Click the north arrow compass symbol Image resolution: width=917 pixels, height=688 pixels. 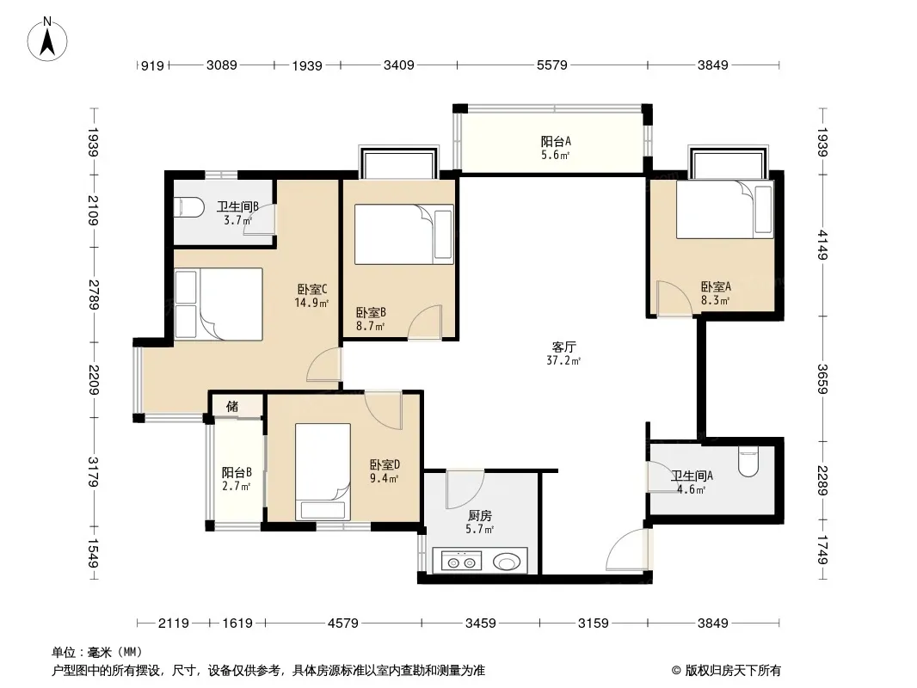pyautogui.click(x=47, y=40)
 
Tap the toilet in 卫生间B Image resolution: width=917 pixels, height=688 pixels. pyautogui.click(x=189, y=207)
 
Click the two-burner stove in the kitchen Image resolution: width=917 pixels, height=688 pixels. pyautogui.click(x=461, y=562)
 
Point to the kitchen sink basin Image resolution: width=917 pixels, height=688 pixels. pyautogui.click(x=507, y=562)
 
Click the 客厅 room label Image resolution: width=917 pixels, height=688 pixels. pyautogui.click(x=563, y=347)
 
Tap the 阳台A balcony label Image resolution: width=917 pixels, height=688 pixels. pyautogui.click(x=556, y=141)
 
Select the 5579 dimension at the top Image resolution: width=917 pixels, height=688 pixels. pyautogui.click(x=552, y=64)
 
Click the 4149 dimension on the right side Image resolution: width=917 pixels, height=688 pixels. pyautogui.click(x=823, y=245)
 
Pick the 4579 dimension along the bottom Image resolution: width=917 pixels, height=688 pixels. pyautogui.click(x=342, y=623)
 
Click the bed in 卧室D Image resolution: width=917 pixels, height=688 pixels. pyautogui.click(x=323, y=472)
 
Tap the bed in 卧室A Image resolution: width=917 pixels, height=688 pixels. pyautogui.click(x=725, y=209)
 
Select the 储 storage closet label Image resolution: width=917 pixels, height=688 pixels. pyautogui.click(x=232, y=406)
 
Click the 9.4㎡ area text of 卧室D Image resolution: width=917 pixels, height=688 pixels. pyautogui.click(x=385, y=479)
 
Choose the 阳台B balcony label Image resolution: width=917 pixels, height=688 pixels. pyautogui.click(x=237, y=472)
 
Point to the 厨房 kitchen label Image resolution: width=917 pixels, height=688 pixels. pyautogui.click(x=480, y=515)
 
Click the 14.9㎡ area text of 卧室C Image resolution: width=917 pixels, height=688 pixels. pyautogui.click(x=311, y=303)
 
